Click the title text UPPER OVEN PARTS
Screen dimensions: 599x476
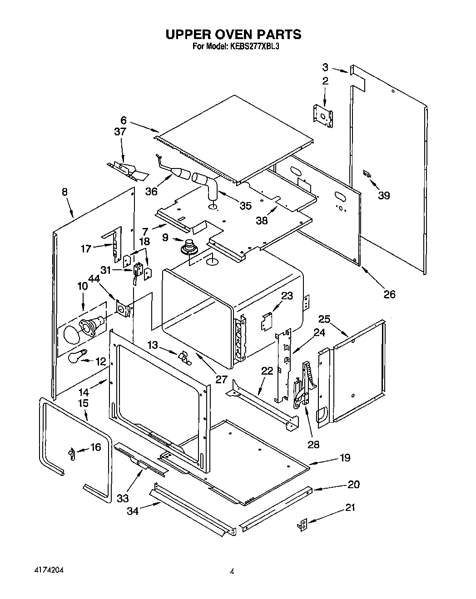(x=233, y=35)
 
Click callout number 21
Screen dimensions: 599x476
(x=350, y=507)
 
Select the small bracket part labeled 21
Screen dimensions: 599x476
(x=302, y=525)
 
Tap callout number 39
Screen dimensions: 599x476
(x=384, y=195)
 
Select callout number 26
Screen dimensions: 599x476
(x=389, y=294)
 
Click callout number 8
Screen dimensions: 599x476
(x=64, y=192)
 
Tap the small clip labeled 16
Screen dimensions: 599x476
(x=71, y=453)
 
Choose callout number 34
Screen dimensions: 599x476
(x=133, y=511)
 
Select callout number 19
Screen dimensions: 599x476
(x=345, y=457)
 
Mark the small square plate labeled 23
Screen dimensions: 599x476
(x=266, y=321)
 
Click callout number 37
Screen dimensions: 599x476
(x=120, y=132)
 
